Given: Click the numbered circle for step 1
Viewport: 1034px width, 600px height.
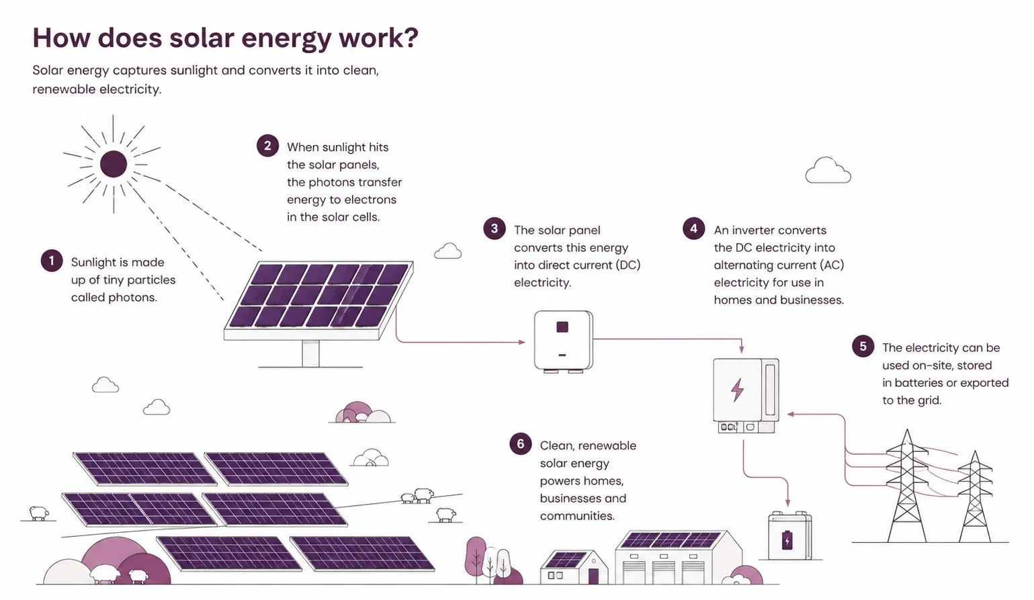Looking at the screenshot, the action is [52, 261].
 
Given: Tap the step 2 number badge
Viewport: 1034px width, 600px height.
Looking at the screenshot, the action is [267, 146].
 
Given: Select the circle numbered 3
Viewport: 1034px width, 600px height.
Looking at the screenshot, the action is [494, 228].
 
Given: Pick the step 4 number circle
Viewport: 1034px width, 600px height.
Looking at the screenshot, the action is [694, 228].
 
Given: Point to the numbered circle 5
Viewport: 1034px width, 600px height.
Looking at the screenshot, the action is [863, 346].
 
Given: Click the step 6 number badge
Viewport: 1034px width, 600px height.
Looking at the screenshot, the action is [521, 443].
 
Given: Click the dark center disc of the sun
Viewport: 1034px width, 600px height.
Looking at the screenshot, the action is [114, 164].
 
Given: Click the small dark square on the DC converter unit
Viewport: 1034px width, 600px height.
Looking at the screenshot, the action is [562, 327].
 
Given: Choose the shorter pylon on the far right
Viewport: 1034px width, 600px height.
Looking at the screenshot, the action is [975, 497].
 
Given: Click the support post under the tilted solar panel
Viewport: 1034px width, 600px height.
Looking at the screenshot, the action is [310, 353].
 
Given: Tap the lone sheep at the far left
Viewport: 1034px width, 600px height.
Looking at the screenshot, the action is [39, 513].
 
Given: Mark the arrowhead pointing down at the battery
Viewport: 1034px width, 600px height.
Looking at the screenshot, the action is [787, 503].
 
